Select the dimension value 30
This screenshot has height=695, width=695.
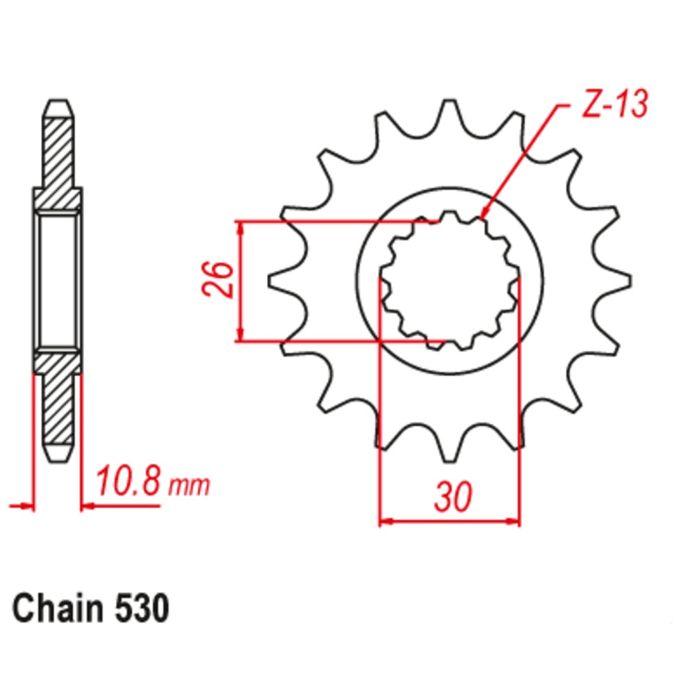(453, 496)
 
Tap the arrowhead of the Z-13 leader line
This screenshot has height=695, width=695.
(484, 215)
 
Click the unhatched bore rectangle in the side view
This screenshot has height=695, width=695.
(58, 281)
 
